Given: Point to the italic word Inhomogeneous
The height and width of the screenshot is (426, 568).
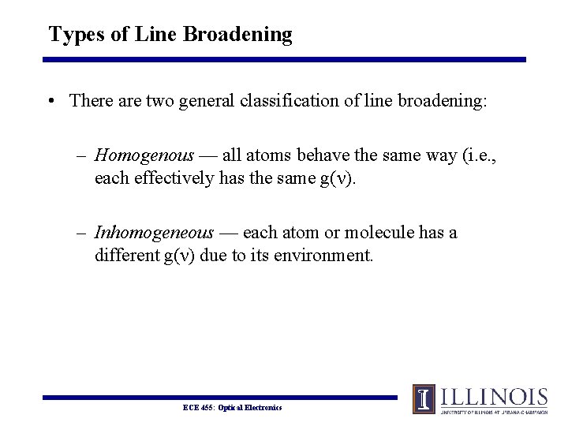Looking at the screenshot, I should pos(154,233).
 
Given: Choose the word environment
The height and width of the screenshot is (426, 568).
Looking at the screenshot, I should pos(321,256).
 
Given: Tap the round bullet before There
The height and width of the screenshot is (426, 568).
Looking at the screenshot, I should pos(51,101).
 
